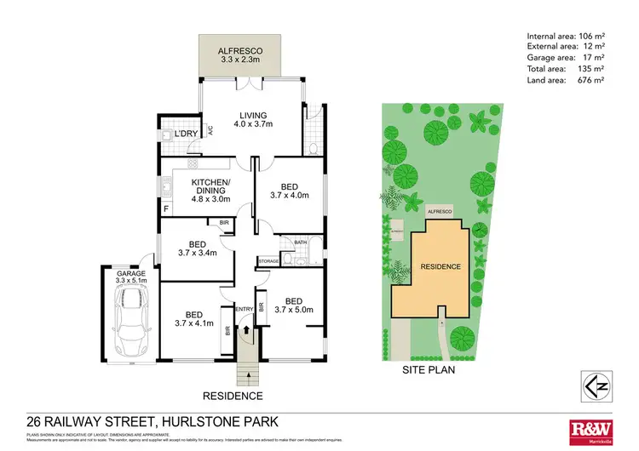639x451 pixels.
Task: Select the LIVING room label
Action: [253, 116]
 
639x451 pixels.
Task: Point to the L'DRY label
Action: [186, 134]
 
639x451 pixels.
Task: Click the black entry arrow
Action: [246, 323]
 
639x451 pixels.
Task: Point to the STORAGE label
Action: [268, 260]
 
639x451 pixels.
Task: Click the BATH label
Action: [300, 243]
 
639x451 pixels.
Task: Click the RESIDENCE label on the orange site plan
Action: [440, 266]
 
